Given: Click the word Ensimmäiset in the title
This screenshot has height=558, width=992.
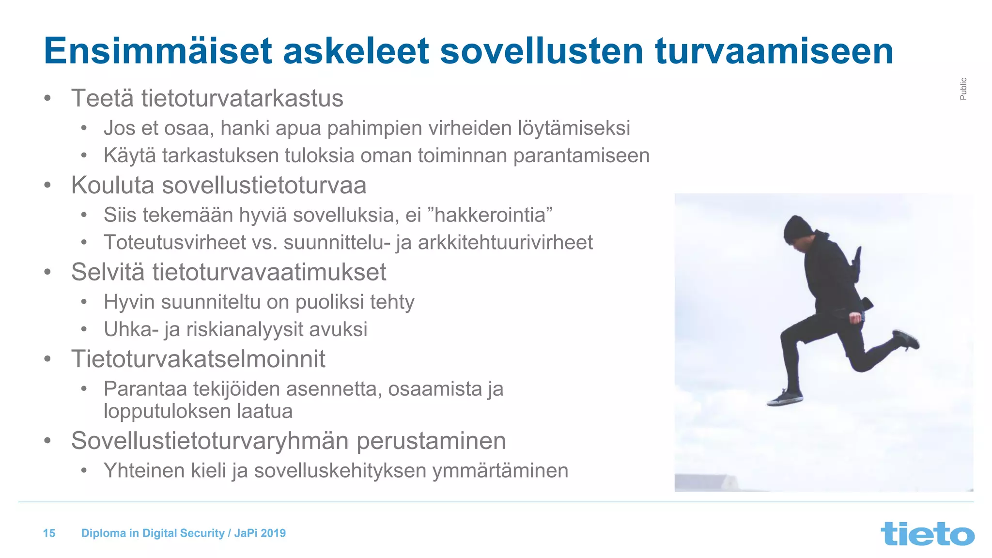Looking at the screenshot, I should [158, 51].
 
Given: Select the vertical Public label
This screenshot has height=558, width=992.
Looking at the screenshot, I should [963, 89].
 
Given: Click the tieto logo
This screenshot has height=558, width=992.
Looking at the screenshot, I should [927, 533].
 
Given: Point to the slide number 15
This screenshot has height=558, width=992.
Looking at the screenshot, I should [49, 533].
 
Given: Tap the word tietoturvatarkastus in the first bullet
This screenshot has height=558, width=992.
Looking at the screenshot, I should [242, 98].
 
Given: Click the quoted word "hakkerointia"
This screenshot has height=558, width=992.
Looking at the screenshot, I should [490, 215].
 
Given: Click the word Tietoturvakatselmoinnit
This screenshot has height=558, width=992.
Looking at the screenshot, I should [198, 359].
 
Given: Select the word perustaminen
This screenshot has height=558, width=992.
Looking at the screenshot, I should [431, 441].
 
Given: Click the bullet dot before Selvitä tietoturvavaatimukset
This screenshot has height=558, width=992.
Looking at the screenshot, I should [47, 272].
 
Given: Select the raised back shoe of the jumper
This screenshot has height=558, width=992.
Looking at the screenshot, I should [906, 339].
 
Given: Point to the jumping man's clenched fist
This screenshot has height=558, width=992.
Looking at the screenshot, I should [856, 318].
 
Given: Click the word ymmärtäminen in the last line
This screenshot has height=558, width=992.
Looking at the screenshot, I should [500, 471].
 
